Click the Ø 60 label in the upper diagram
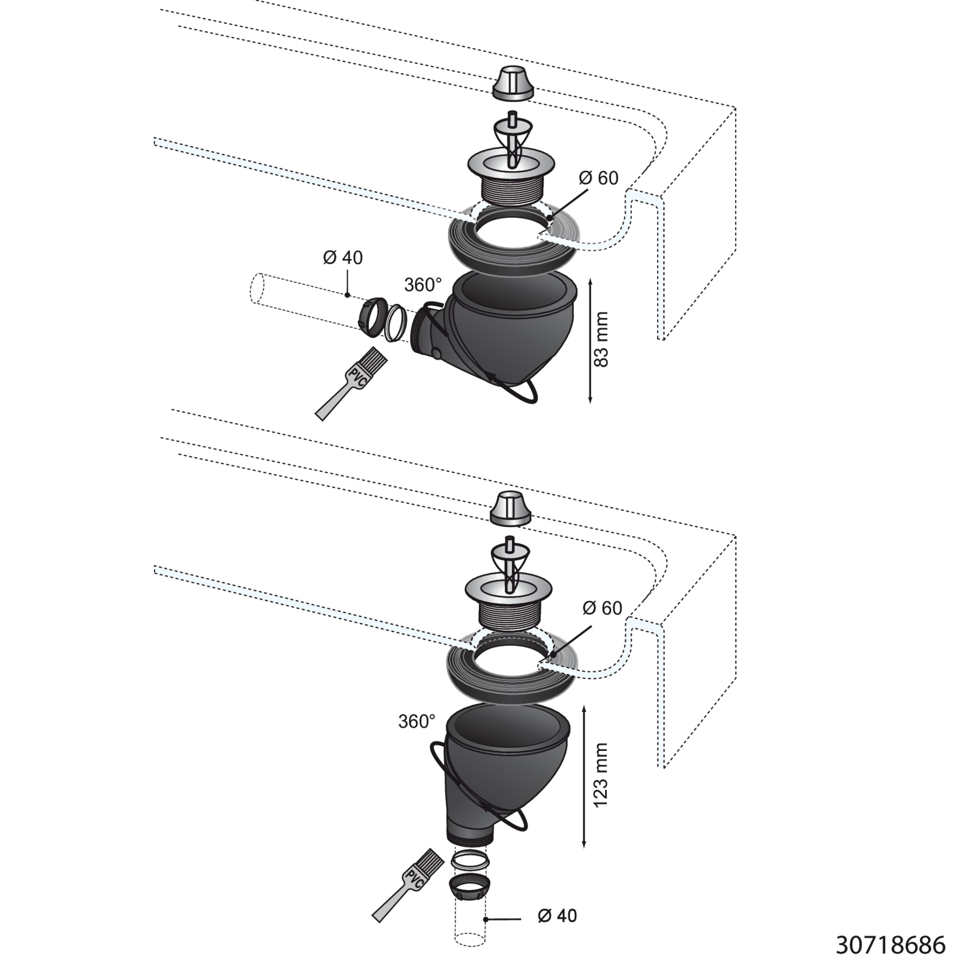click(599, 178)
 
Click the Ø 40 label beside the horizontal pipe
click(343, 257)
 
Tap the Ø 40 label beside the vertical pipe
click(557, 916)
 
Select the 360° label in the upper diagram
click(423, 285)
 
